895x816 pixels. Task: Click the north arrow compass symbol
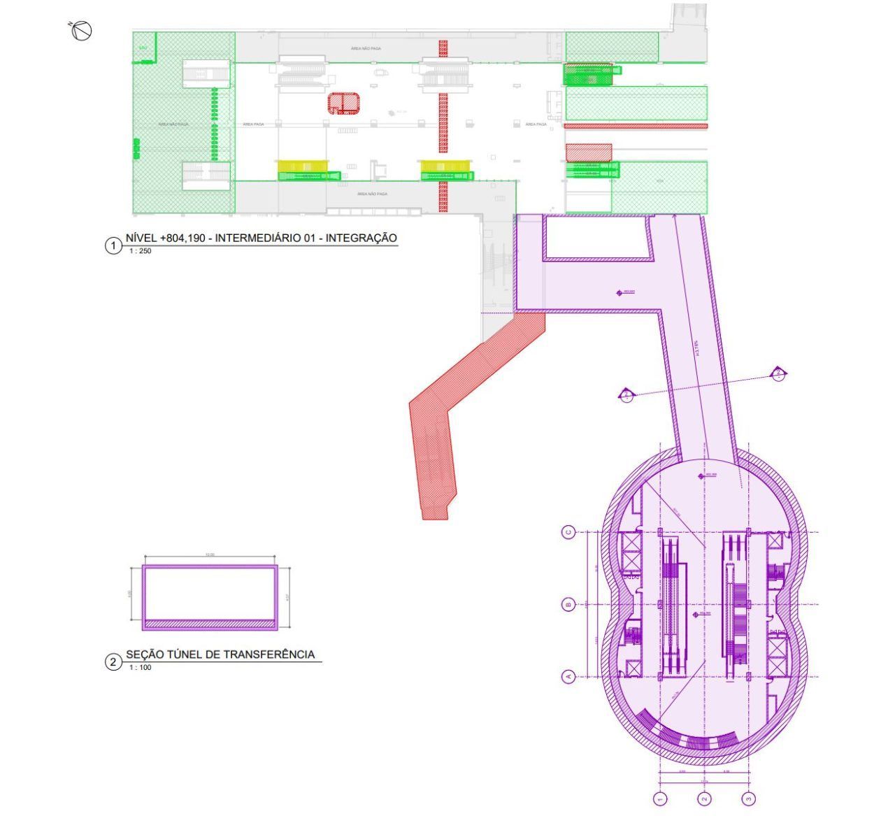pos(82,30)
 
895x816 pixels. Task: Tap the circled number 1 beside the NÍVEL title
pos(113,245)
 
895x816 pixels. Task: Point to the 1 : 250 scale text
pos(140,251)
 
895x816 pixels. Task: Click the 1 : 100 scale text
pos(140,668)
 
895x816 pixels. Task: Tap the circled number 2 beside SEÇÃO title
pos(113,662)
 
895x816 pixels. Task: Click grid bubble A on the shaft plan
pos(568,676)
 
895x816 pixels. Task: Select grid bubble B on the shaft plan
pos(568,605)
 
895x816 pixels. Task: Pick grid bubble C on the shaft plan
pos(568,532)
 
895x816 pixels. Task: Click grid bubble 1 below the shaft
pos(660,798)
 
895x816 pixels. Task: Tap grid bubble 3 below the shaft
pos(750,798)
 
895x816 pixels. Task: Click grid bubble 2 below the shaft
pos(705,798)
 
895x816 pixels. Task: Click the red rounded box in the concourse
pos(344,103)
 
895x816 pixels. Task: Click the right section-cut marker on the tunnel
pos(778,374)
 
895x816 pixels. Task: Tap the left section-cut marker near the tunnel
pos(626,395)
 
